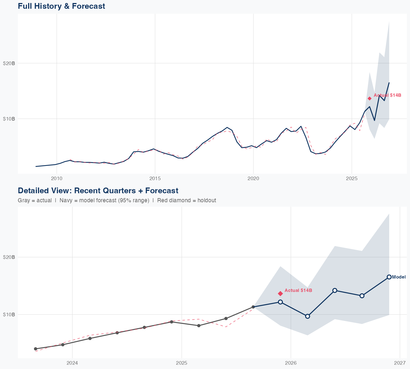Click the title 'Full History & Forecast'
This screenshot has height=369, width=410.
[61, 6]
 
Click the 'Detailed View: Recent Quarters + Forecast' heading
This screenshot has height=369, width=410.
[98, 191]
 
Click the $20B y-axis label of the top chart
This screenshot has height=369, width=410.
[9, 63]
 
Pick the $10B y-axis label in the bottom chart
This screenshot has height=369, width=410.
[9, 314]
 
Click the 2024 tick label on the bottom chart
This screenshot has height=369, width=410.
[72, 363]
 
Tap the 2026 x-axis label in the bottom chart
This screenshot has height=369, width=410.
[291, 363]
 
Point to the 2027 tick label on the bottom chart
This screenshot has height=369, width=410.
[400, 363]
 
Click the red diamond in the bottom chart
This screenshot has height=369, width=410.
[280, 293]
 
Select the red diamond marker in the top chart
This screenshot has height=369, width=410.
[370, 98]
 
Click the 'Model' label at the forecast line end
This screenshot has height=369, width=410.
[399, 277]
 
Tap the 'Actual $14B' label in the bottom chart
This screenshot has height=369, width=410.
[298, 290]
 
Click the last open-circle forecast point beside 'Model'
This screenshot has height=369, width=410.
[389, 277]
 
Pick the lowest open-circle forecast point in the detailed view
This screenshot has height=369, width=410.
[307, 316]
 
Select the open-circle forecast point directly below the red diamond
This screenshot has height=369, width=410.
[280, 302]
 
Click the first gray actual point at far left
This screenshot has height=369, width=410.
[36, 349]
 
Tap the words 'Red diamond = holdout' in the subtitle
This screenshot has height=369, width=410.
[187, 200]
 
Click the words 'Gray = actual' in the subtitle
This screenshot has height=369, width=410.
[35, 200]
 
